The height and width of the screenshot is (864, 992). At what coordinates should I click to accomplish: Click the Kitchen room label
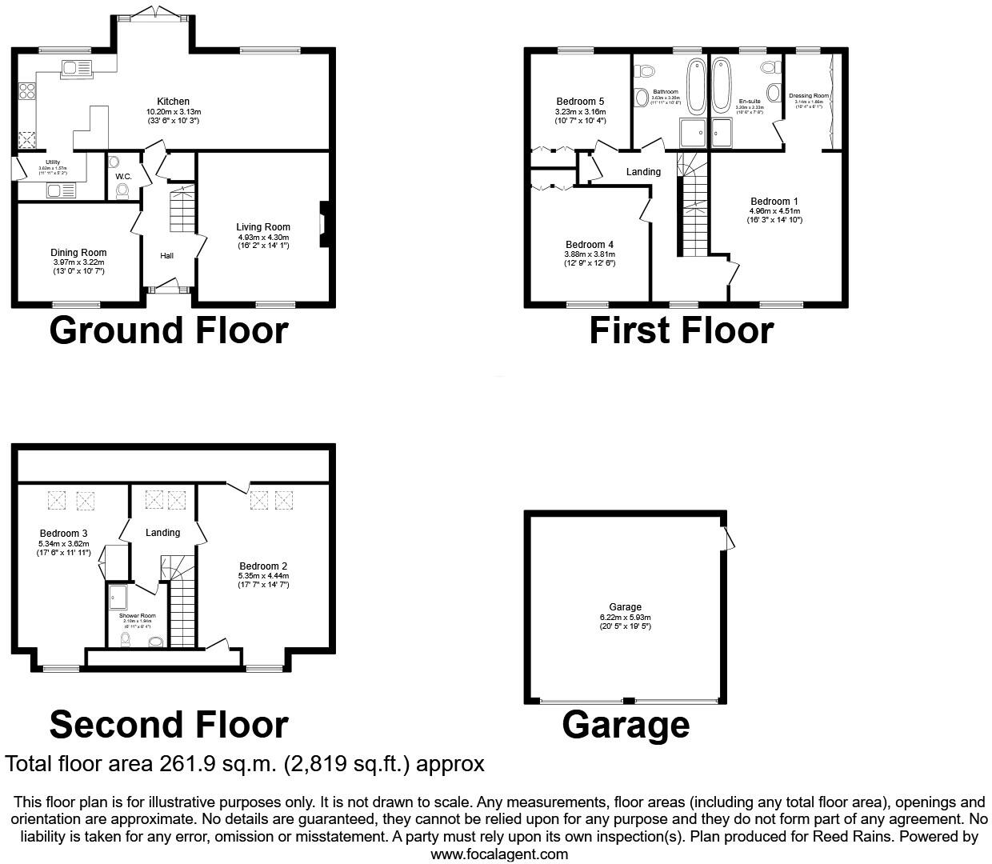tap(173, 102)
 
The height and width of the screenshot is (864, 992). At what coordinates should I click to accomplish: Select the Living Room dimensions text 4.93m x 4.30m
tap(263, 238)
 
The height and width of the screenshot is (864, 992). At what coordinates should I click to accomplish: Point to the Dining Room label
tap(78, 253)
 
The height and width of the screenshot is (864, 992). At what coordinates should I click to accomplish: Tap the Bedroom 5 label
tap(580, 102)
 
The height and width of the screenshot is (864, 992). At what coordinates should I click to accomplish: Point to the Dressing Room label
tap(808, 96)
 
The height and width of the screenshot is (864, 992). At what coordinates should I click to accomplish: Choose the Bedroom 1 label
tap(774, 202)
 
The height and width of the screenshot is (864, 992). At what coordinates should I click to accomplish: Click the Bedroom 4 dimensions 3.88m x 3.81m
tap(590, 254)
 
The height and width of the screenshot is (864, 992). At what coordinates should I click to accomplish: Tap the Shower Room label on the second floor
tap(138, 616)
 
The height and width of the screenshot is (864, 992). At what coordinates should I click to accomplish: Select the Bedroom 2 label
tap(262, 566)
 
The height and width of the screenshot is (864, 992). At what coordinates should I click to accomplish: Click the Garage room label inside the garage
tap(625, 607)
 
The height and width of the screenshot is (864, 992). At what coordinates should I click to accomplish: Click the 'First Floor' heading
tap(681, 330)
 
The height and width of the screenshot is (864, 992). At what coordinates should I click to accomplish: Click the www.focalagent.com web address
tap(499, 854)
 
